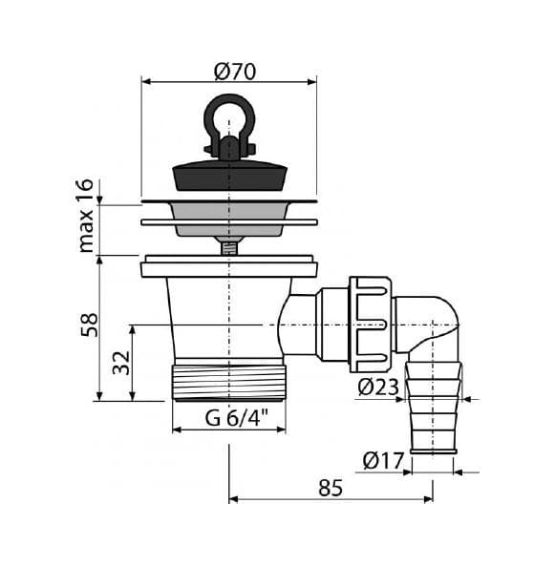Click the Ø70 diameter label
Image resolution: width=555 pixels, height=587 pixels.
[x=235, y=72]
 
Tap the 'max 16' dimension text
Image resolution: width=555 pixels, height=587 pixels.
[x=85, y=216]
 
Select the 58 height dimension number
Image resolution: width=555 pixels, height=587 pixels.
[x=90, y=325]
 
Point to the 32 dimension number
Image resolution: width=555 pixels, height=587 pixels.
[x=121, y=363]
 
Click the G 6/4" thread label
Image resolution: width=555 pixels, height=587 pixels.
[x=237, y=417]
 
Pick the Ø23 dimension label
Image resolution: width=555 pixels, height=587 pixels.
[x=378, y=387]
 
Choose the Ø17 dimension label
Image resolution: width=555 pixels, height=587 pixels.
[x=383, y=460]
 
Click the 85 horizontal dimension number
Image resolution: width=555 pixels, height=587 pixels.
[x=331, y=488]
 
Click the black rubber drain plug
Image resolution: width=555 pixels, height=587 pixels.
[x=229, y=176]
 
